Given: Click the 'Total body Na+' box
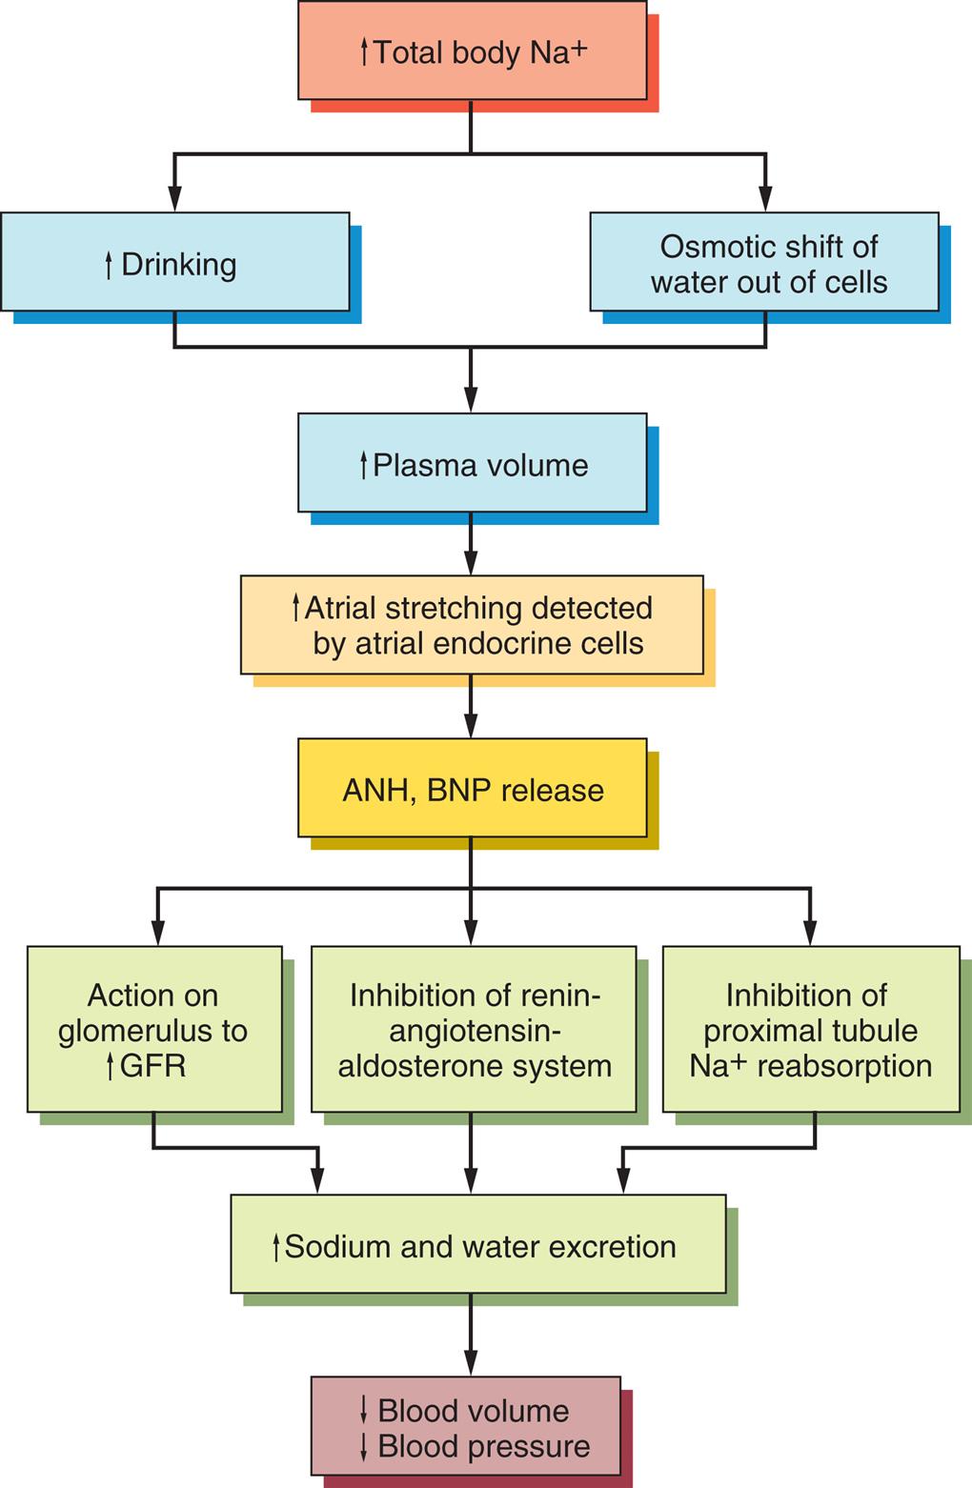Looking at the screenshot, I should (472, 50).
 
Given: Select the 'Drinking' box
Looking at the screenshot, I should (175, 262).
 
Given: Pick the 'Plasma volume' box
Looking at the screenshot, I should (472, 463).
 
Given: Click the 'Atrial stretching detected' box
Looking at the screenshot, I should (472, 625).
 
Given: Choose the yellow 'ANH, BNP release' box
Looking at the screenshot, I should (472, 789).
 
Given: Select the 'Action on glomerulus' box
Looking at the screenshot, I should (154, 1029).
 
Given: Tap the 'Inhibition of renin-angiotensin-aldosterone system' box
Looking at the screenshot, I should (474, 1029).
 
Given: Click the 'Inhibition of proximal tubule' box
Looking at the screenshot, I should (810, 1029).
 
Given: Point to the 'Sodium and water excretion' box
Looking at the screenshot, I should (477, 1244).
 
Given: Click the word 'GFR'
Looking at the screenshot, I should (152, 1066).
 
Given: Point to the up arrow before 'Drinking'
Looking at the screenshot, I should (109, 265).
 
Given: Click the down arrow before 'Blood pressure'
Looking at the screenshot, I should (363, 1446).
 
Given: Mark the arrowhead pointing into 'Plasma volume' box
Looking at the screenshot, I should (471, 401).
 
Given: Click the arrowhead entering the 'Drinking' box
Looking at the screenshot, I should (174, 199).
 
